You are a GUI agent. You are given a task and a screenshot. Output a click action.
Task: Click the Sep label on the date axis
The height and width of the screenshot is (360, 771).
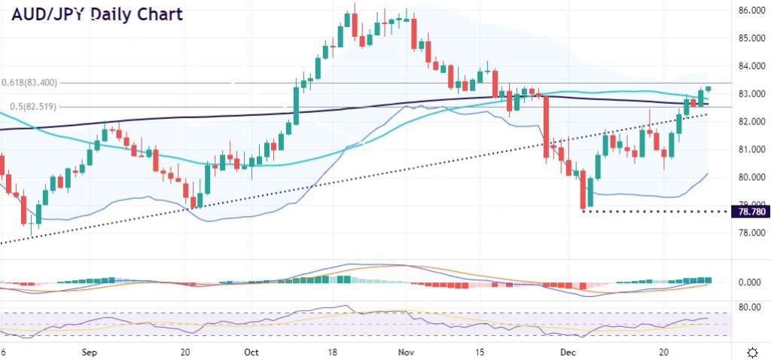click(x=88, y=352)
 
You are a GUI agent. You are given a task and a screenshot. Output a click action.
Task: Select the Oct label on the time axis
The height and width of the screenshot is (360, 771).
click(x=252, y=352)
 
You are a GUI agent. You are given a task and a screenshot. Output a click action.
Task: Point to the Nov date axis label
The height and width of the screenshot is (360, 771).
click(x=406, y=352)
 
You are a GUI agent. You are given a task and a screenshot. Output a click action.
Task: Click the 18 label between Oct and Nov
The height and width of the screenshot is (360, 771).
click(x=333, y=352)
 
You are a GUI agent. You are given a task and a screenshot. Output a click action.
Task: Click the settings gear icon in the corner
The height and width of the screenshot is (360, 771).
click(x=751, y=352)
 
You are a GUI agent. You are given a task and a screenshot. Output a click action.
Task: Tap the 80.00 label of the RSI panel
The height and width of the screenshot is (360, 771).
click(x=749, y=307)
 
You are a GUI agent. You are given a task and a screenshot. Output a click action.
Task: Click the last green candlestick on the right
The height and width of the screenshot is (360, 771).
click(x=708, y=89)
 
